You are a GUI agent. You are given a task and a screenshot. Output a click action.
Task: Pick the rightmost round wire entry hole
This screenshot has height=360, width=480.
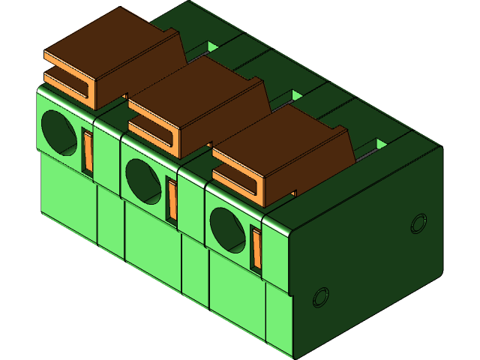pos(226,228)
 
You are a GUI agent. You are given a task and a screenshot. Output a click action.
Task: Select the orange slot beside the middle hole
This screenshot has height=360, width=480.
pos(172,199)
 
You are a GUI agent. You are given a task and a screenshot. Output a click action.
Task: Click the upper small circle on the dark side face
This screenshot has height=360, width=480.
pos(418,223)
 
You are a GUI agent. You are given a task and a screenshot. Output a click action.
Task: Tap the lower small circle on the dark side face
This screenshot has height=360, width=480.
pos(320,297)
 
